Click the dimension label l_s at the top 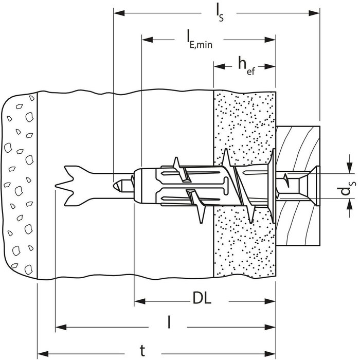coord(217,11)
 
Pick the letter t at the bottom coord(142,350)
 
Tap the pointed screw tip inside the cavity coord(119,183)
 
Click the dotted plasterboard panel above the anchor coord(244,123)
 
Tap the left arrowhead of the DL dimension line coord(139,301)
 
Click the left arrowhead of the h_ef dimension coord(219,66)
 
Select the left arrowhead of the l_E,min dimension coord(147,38)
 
